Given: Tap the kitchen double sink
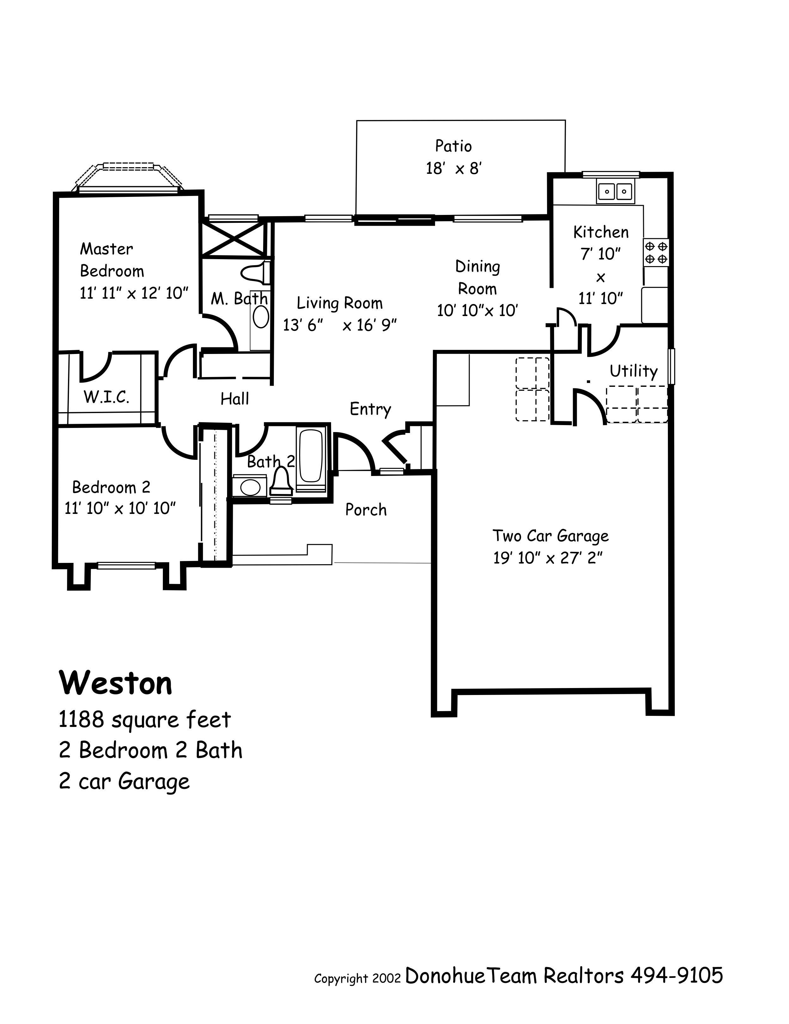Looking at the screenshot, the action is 615,191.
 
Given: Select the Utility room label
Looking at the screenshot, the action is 633,371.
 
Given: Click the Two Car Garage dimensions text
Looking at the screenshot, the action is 547,558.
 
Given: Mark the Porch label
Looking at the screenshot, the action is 366,510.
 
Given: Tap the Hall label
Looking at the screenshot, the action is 235,399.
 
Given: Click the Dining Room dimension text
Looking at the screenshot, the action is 477,310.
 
